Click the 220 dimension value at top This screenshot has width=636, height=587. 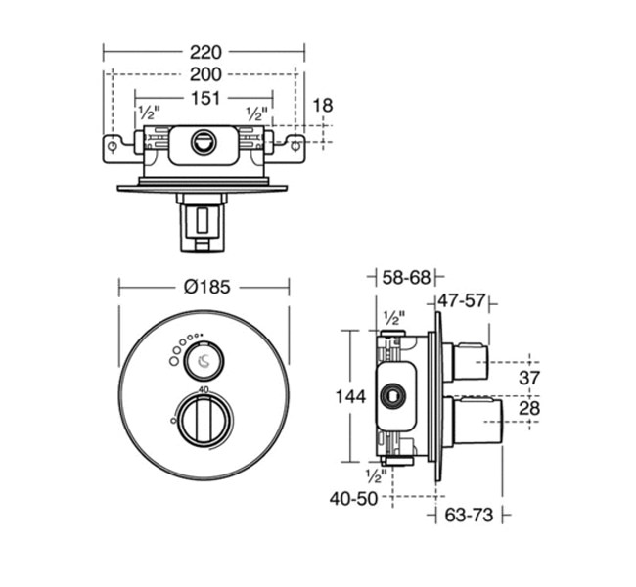tap(205, 51)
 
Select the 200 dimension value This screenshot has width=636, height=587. tap(205, 74)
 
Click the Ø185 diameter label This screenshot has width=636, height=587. tap(205, 287)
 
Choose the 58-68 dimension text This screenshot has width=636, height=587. tap(406, 278)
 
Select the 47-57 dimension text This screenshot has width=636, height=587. tap(462, 300)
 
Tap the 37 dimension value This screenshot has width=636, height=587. tap(529, 378)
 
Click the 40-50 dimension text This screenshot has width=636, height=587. tap(353, 498)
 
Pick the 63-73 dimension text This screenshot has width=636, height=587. tap(471, 514)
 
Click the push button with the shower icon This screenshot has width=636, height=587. tap(204, 360)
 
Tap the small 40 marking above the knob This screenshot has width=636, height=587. tap(204, 390)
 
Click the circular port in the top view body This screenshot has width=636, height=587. tap(204, 142)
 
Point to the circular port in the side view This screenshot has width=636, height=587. tap(395, 396)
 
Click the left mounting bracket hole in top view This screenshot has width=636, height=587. tap(115, 147)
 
